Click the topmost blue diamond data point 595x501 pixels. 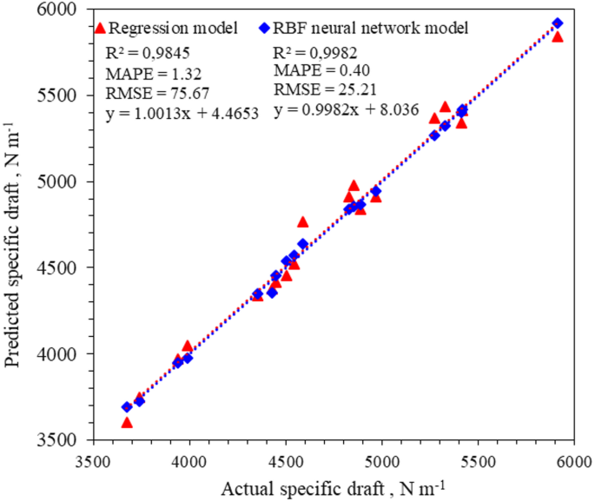(558, 23)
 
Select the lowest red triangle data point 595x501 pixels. (127, 423)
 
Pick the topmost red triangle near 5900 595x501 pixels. (558, 36)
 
